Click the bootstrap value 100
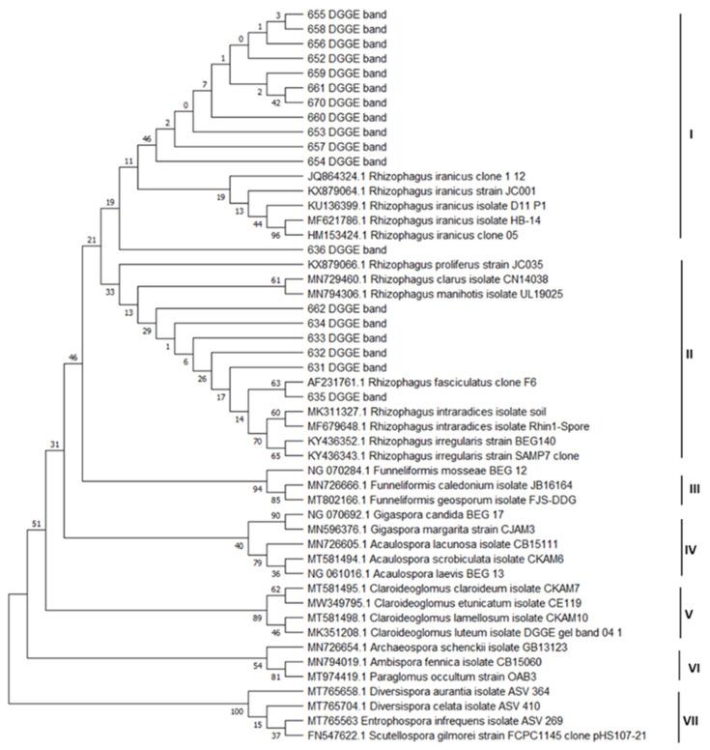click(236, 712)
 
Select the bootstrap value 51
click(36, 523)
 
